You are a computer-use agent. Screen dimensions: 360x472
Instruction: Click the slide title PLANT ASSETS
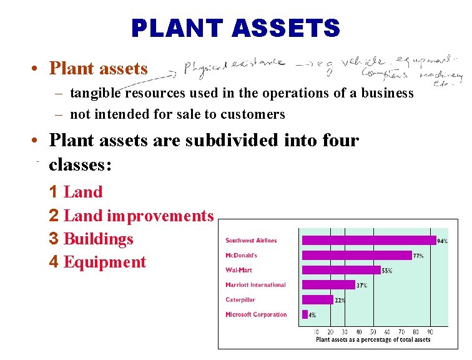tap(235, 27)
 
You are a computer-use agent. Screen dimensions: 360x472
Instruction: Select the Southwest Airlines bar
tap(368, 240)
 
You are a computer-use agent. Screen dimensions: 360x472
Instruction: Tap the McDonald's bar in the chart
tap(356, 255)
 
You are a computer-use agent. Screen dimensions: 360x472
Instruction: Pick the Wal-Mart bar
tap(341, 270)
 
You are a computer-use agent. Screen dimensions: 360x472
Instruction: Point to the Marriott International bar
tap(328, 285)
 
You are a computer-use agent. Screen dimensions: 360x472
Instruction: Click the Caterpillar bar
tap(317, 299)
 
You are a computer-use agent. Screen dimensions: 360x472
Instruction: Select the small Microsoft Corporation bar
tap(305, 314)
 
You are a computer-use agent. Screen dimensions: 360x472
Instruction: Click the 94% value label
tap(442, 241)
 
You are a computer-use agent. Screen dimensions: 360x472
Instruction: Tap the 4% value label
tap(312, 315)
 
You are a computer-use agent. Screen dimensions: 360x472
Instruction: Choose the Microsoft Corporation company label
tap(256, 314)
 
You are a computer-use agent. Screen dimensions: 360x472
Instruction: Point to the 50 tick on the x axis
tap(373, 332)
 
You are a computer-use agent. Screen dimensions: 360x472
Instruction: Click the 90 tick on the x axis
tap(430, 332)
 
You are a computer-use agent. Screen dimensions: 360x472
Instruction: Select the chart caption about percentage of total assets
tap(373, 340)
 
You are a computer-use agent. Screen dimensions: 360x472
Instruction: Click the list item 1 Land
tap(76, 192)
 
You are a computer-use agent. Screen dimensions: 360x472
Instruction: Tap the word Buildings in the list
tap(99, 239)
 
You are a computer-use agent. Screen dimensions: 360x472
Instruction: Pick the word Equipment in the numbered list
tap(105, 262)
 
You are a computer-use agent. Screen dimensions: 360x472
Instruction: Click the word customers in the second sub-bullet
tap(255, 114)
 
